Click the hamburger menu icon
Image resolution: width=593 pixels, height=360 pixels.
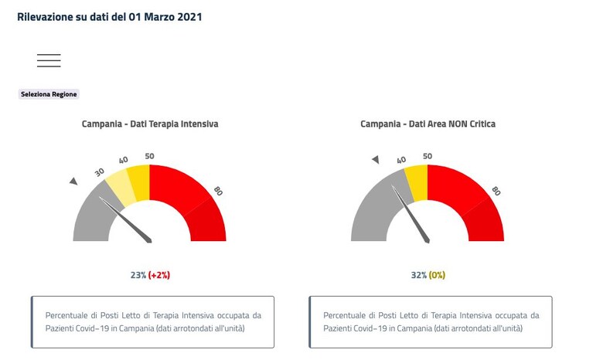tap(49, 60)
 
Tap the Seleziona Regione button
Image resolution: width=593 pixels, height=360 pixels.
tap(49, 94)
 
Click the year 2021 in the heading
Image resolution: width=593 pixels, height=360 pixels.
tap(190, 17)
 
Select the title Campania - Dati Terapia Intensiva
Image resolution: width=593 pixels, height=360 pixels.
tap(150, 124)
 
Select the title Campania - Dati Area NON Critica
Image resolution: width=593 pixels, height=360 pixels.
tap(428, 124)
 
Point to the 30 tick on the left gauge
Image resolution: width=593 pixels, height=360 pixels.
tap(99, 172)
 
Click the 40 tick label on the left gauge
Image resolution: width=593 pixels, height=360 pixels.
tap(123, 160)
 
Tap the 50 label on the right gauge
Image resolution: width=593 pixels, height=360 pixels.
tap(428, 156)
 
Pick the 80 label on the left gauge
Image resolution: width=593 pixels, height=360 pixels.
tap(218, 191)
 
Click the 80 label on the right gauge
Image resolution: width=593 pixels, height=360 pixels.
tap(496, 191)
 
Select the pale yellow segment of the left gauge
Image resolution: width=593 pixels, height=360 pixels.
tap(121, 188)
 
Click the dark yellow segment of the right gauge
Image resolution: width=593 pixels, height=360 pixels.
tap(416, 183)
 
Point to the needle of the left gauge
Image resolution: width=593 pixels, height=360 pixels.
tap(125, 220)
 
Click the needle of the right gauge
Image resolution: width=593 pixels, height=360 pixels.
tap(411, 214)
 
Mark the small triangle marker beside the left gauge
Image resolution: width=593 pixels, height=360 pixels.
tap(73, 182)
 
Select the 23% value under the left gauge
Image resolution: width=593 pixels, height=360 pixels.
tap(138, 275)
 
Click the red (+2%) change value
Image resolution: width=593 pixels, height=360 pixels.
tap(159, 275)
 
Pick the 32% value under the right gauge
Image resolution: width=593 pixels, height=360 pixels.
tap(418, 275)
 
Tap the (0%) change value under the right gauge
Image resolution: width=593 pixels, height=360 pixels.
tap(437, 275)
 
